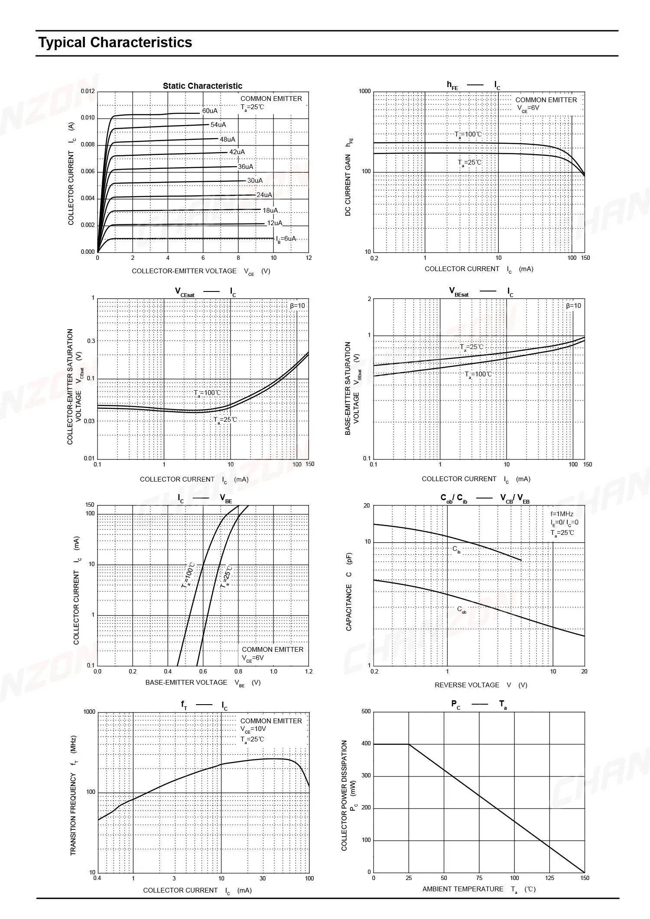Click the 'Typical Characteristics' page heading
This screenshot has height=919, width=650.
click(115, 42)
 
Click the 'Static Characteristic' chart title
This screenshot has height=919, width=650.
click(202, 86)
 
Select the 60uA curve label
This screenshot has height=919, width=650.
click(210, 111)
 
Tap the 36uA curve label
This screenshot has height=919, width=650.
click(245, 167)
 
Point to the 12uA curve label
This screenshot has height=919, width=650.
click(274, 223)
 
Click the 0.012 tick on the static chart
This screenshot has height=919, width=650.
click(88, 91)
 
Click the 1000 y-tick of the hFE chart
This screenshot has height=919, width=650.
click(365, 91)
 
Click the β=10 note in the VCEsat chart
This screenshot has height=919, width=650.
click(297, 306)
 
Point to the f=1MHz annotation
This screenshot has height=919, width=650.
click(562, 514)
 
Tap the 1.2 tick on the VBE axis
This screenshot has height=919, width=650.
click(308, 672)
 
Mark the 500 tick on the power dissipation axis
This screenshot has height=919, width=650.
click(366, 712)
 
